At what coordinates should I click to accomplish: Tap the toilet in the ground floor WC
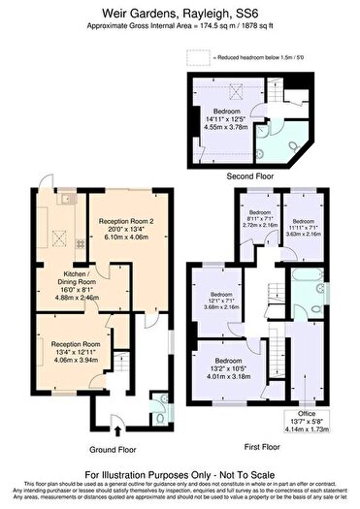tap(159, 399)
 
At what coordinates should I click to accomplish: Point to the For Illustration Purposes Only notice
tap(180, 474)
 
